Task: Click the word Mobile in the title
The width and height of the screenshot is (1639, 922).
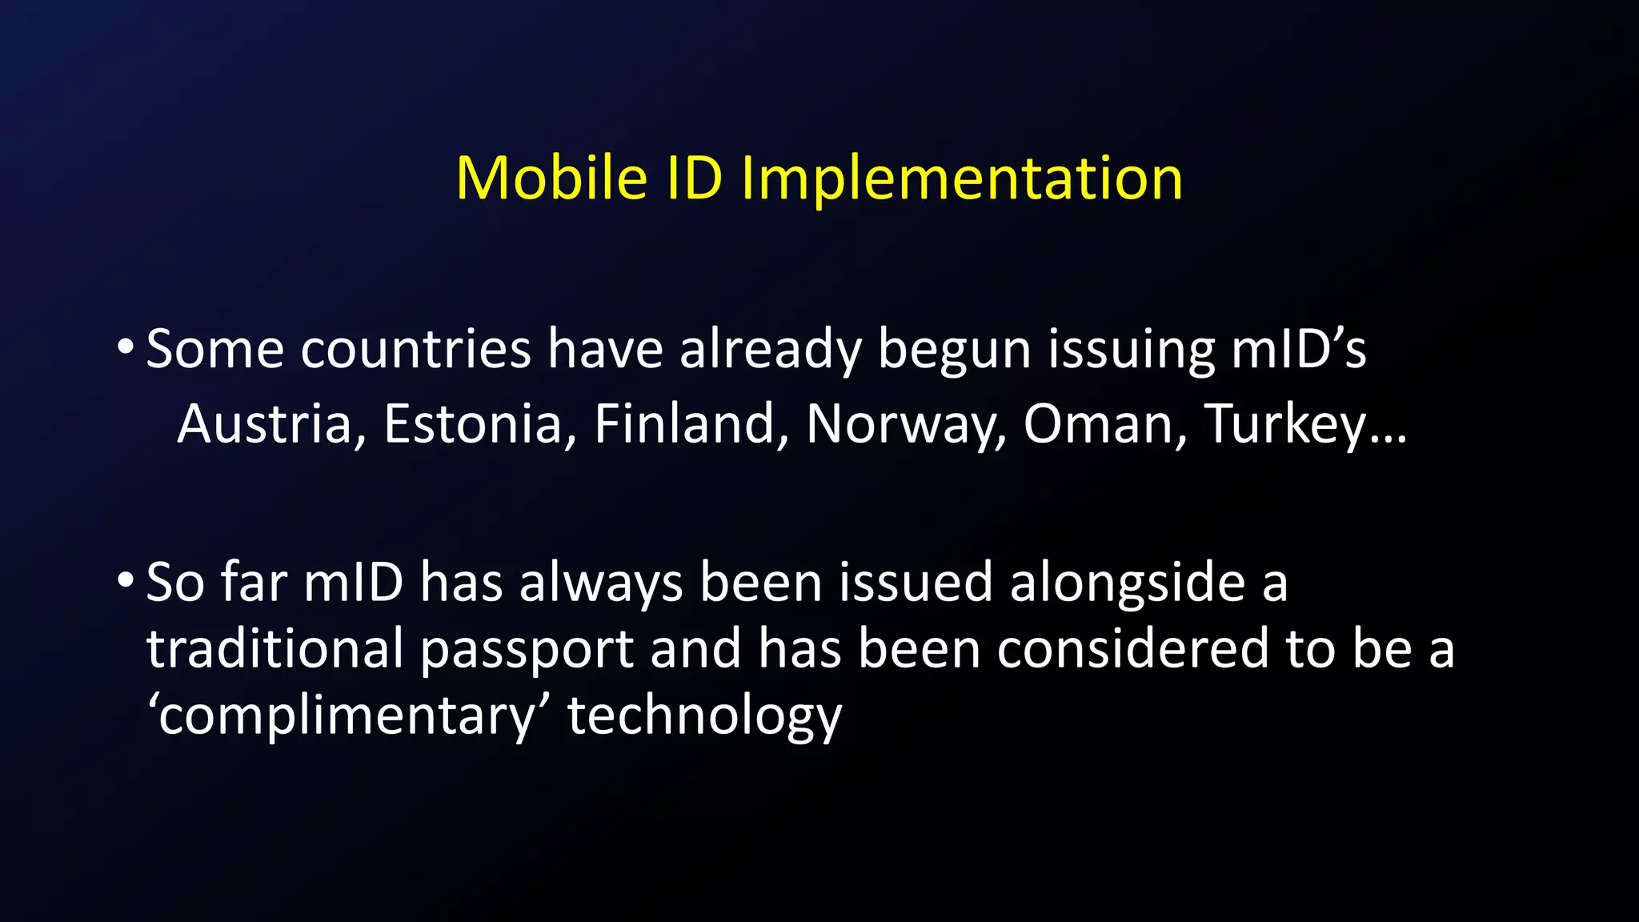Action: [551, 178]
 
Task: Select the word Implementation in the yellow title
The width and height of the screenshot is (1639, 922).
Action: [962, 178]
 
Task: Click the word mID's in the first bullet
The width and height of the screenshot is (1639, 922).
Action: [1298, 349]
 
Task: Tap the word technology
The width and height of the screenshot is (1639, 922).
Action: [705, 716]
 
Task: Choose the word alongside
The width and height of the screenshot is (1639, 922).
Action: [1128, 583]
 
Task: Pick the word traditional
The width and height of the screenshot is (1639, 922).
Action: [275, 648]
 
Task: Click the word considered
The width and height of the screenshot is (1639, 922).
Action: [1133, 648]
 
